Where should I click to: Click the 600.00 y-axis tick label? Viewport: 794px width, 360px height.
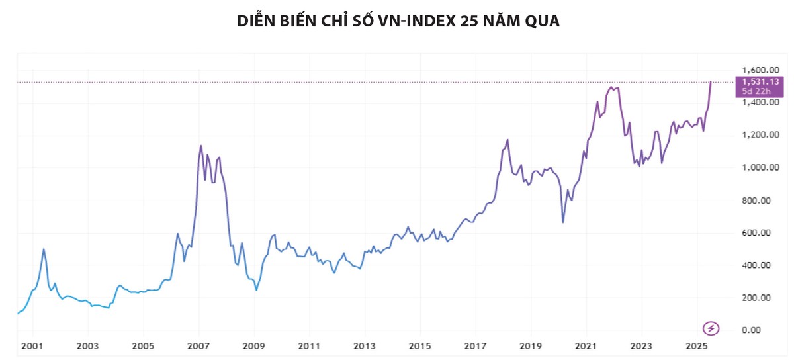(759, 233)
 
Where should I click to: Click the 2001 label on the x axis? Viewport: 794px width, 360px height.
(32, 346)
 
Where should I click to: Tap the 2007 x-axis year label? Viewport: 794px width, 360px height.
(198, 346)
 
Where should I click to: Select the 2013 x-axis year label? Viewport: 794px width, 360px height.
(365, 346)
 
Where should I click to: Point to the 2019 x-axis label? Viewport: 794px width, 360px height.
(531, 346)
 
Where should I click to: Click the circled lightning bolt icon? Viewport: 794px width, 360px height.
(710, 328)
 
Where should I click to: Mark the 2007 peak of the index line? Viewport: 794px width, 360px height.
(201, 146)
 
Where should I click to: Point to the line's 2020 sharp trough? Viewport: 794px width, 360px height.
(563, 222)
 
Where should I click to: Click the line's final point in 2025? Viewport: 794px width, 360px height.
(711, 82)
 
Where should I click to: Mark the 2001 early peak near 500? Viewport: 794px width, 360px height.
(44, 249)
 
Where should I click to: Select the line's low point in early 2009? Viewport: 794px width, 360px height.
(257, 290)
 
